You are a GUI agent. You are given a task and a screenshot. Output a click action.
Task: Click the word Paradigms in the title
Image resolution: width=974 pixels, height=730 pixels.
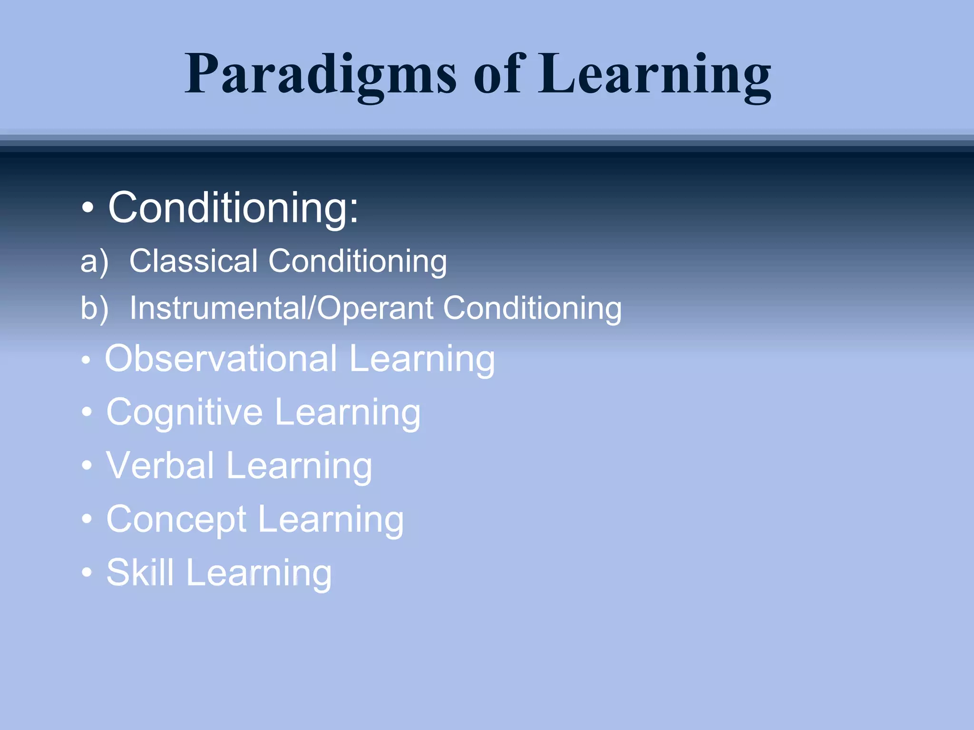tap(321, 75)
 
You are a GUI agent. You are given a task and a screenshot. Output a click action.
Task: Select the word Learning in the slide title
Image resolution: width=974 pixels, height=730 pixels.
tap(654, 75)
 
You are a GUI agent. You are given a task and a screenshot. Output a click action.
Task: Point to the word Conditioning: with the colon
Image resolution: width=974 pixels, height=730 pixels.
tap(233, 208)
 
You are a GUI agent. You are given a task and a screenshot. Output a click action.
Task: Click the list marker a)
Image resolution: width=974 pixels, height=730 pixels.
tap(94, 261)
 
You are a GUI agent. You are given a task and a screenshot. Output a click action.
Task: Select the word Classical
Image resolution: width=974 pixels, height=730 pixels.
tap(193, 261)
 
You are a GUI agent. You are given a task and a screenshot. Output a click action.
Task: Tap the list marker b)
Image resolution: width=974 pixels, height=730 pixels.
tap(94, 308)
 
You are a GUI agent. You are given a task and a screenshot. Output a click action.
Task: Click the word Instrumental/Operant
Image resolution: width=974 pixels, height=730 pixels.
tap(281, 308)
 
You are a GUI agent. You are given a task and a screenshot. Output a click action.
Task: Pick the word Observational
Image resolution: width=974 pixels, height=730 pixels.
tap(221, 358)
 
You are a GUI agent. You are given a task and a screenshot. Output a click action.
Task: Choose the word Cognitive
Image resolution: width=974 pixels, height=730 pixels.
tap(184, 412)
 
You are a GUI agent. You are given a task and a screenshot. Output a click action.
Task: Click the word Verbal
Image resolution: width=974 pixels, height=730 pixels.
tap(160, 465)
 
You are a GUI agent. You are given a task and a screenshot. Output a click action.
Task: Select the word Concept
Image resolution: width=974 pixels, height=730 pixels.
tap(176, 519)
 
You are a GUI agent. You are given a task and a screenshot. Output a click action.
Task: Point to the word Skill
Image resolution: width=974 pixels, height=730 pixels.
tap(140, 572)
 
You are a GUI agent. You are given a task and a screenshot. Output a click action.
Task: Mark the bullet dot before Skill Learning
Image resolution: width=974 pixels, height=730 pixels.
tap(87, 572)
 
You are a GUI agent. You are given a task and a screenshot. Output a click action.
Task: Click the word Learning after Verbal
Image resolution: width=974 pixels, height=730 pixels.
tap(299, 466)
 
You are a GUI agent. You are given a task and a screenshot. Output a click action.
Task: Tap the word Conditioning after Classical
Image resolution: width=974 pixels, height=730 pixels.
tap(358, 261)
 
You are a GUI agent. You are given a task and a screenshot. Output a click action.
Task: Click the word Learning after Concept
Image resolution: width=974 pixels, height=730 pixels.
tap(331, 520)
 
